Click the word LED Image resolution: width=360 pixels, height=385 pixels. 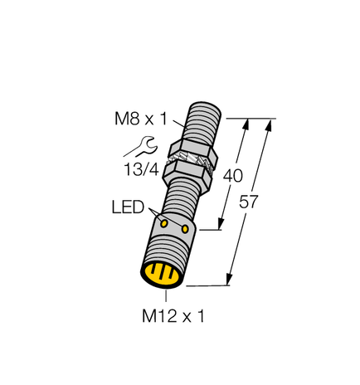pyautogui.click(x=128, y=207)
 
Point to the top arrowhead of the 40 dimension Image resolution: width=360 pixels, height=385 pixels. pyautogui.click(x=246, y=124)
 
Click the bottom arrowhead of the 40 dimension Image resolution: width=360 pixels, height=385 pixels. pyautogui.click(x=222, y=226)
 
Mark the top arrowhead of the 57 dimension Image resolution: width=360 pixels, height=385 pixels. pyautogui.click(x=270, y=125)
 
